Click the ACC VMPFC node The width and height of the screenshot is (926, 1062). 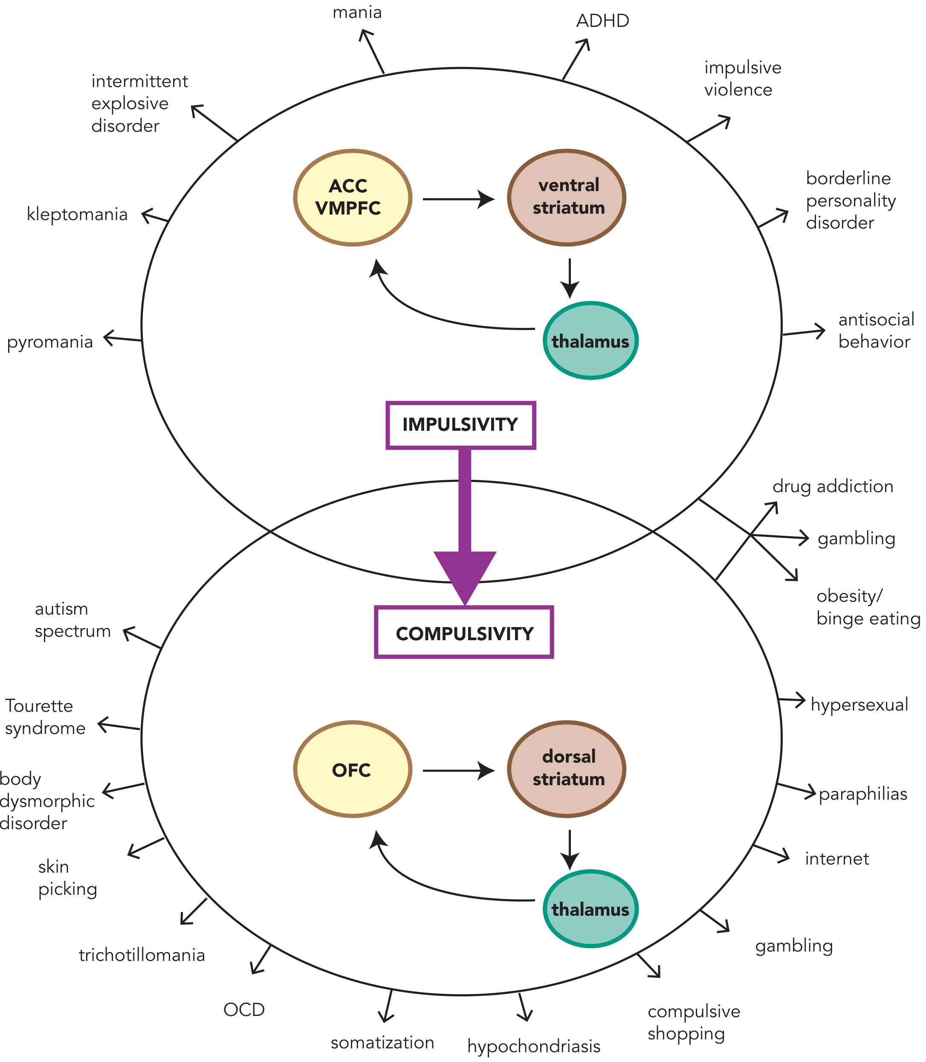(353, 198)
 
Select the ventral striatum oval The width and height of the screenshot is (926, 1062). (567, 197)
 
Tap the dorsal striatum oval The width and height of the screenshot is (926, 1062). (567, 769)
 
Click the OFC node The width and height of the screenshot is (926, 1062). (353, 769)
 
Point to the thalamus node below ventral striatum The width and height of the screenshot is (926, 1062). (590, 341)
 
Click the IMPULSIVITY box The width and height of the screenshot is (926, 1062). (460, 425)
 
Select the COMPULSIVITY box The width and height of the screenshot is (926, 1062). (464, 632)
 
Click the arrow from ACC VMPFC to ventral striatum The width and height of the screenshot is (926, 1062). (459, 199)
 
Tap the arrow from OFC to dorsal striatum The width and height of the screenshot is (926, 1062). (459, 770)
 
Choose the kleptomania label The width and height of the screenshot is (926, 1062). (77, 214)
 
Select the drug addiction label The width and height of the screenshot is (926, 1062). (833, 487)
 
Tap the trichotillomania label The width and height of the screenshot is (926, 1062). (142, 955)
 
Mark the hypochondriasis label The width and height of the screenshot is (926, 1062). (534, 1046)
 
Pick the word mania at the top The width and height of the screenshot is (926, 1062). (357, 12)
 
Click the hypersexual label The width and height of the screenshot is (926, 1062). (859, 705)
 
